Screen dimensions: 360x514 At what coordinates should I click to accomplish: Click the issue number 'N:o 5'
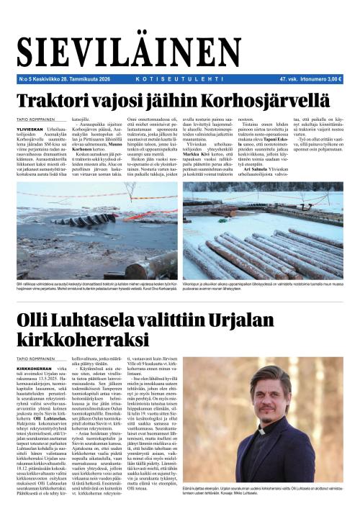25,80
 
